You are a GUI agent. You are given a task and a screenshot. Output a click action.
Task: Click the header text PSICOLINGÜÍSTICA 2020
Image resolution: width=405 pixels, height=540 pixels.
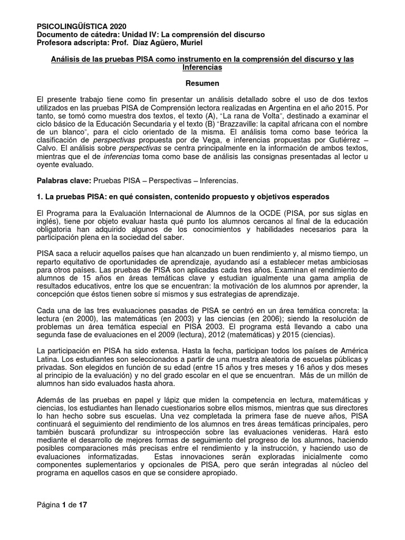point(81,26)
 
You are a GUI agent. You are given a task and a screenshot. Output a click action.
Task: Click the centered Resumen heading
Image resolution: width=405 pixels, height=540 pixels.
point(203,83)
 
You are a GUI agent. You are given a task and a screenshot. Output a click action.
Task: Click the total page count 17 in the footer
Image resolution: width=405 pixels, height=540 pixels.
point(82,505)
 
